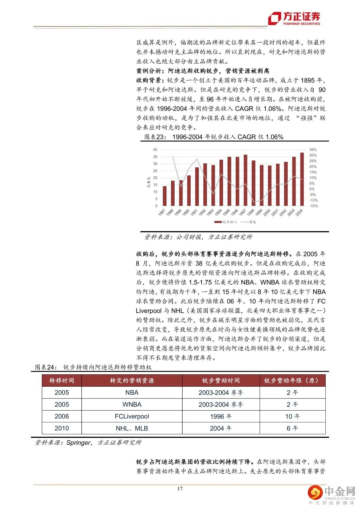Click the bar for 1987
pyautogui.click(x=165, y=196)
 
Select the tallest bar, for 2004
pyautogui.click(x=302, y=179)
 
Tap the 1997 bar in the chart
pyautogui.click(x=245, y=180)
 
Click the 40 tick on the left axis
pyautogui.click(x=155, y=150)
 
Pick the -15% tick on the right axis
pyautogui.click(x=313, y=206)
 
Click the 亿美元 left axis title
pyautogui.click(x=149, y=182)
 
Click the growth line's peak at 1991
pyautogui.click(x=197, y=159)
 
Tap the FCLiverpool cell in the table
pyautogui.click(x=132, y=416)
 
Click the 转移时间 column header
pyautogui.click(x=62, y=381)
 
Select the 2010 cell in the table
pyautogui.click(x=62, y=428)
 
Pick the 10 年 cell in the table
pyautogui.click(x=292, y=416)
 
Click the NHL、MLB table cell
pyautogui.click(x=132, y=428)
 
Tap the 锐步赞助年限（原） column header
pyautogui.click(x=292, y=381)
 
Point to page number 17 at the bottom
pyautogui.click(x=180, y=489)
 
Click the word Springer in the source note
pyautogui.click(x=78, y=443)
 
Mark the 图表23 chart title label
pyautogui.click(x=154, y=137)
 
